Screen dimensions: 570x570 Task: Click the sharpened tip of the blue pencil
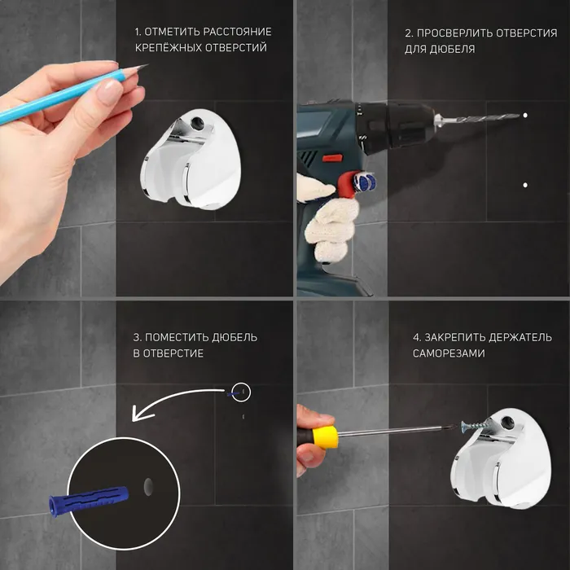pyautogui.click(x=147, y=65)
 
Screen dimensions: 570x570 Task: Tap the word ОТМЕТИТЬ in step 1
pyautogui.click(x=172, y=32)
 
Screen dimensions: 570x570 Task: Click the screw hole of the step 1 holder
pyautogui.click(x=197, y=123)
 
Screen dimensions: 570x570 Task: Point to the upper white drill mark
pyautogui.click(x=525, y=116)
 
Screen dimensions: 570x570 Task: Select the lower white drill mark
pyautogui.click(x=525, y=185)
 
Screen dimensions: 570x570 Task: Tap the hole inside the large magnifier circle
pyautogui.click(x=148, y=487)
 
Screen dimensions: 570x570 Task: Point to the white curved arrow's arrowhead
pyautogui.click(x=140, y=414)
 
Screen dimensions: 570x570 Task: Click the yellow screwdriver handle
pyautogui.click(x=325, y=437)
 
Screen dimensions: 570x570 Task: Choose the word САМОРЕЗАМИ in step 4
pyautogui.click(x=449, y=353)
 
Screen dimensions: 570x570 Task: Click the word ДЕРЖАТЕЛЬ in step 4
pyautogui.click(x=520, y=338)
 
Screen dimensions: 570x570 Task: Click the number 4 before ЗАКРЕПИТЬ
pyautogui.click(x=416, y=338)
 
